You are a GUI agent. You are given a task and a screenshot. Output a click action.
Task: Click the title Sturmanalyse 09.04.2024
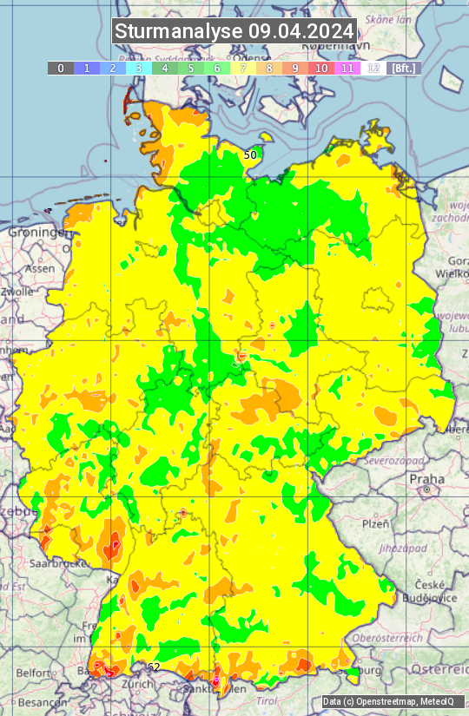[234, 32]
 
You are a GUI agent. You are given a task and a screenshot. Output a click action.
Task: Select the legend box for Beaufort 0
[61, 68]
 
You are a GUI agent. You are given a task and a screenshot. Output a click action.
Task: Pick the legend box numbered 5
[191, 68]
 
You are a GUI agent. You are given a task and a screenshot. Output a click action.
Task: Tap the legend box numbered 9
[295, 68]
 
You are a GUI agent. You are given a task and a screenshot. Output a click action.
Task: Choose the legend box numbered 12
[373, 68]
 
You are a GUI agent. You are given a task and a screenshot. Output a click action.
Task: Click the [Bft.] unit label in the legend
[403, 68]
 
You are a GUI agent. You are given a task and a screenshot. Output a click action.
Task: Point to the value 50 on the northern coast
[250, 154]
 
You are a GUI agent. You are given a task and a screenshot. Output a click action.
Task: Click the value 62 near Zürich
[154, 667]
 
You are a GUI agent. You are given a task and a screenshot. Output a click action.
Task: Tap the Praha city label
[426, 478]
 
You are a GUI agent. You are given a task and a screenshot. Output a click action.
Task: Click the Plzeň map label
[375, 523]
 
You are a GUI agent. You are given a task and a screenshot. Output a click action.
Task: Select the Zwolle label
[16, 292]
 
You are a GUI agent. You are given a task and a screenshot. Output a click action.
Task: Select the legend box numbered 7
[243, 68]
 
